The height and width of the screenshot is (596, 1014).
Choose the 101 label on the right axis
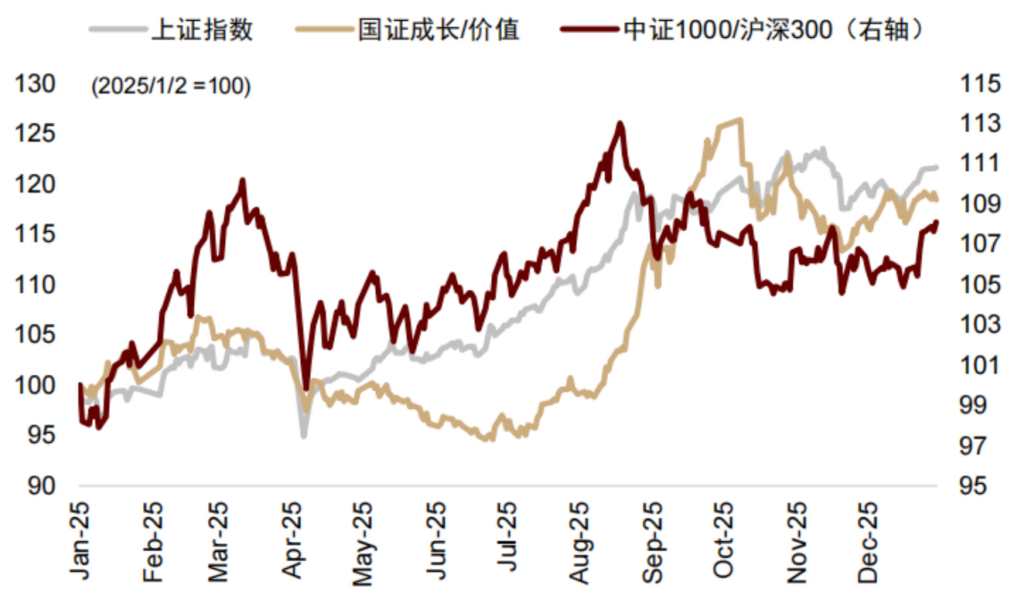click(978, 366)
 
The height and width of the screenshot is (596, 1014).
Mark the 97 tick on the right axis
click(978, 446)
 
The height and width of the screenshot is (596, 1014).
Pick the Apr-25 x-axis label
click(293, 542)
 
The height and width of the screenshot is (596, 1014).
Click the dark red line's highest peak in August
click(620, 123)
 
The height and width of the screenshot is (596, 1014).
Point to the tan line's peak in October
click(740, 119)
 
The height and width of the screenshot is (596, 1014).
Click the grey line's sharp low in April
click(303, 437)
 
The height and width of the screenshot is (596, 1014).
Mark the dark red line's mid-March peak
click(242, 180)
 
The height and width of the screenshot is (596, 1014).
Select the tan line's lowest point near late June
click(487, 439)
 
